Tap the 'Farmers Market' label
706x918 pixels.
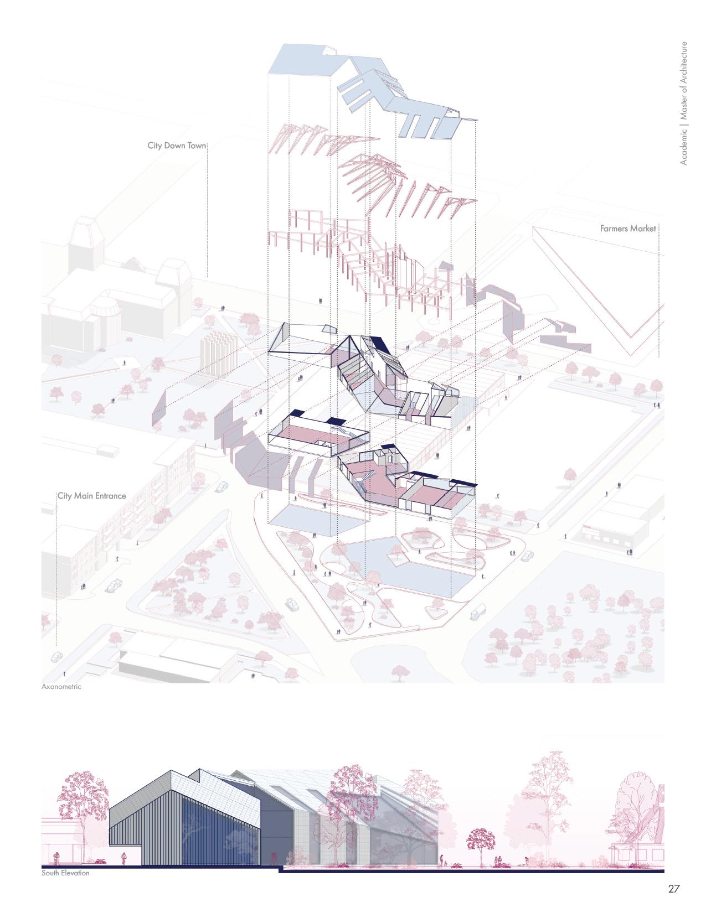(x=628, y=228)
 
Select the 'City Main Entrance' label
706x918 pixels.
(x=92, y=495)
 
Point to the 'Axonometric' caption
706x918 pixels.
(x=61, y=687)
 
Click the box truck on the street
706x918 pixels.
(x=478, y=611)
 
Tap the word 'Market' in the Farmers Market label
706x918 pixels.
(x=643, y=228)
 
